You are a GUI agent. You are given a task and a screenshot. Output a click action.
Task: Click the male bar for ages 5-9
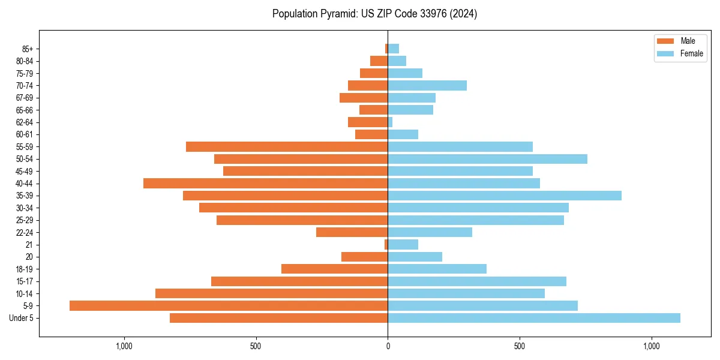pyautogui.click(x=229, y=306)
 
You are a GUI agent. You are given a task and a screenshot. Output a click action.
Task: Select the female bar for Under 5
pyautogui.click(x=534, y=318)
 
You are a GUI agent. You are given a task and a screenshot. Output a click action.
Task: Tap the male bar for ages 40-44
pyautogui.click(x=265, y=184)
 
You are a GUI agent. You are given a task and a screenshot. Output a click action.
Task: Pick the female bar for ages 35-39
pyautogui.click(x=505, y=196)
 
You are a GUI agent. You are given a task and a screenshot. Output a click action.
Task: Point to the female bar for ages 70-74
pyautogui.click(x=427, y=86)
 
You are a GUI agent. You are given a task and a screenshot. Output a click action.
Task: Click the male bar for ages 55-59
pyautogui.click(x=287, y=147)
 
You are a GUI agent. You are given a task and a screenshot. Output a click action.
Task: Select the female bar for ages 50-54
pyautogui.click(x=487, y=159)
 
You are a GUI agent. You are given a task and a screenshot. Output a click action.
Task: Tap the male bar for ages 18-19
pyautogui.click(x=334, y=269)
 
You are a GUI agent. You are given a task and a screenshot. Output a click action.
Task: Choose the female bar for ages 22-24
pyautogui.click(x=430, y=232)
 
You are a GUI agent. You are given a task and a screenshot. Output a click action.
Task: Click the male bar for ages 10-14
pyautogui.click(x=271, y=293)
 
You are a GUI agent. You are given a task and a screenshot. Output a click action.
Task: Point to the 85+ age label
pyautogui.click(x=28, y=49)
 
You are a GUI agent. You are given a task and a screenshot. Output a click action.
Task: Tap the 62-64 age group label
pyautogui.click(x=25, y=122)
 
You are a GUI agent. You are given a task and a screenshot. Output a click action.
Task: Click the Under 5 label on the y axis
pyautogui.click(x=21, y=318)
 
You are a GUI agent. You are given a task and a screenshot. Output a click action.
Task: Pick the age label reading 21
pyautogui.click(x=29, y=245)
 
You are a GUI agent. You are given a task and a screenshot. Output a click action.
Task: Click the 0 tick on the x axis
pyautogui.click(x=388, y=346)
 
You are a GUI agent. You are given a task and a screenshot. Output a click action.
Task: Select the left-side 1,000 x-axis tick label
pyautogui.click(x=124, y=346)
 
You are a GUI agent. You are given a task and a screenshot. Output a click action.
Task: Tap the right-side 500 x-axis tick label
pyautogui.click(x=520, y=346)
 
